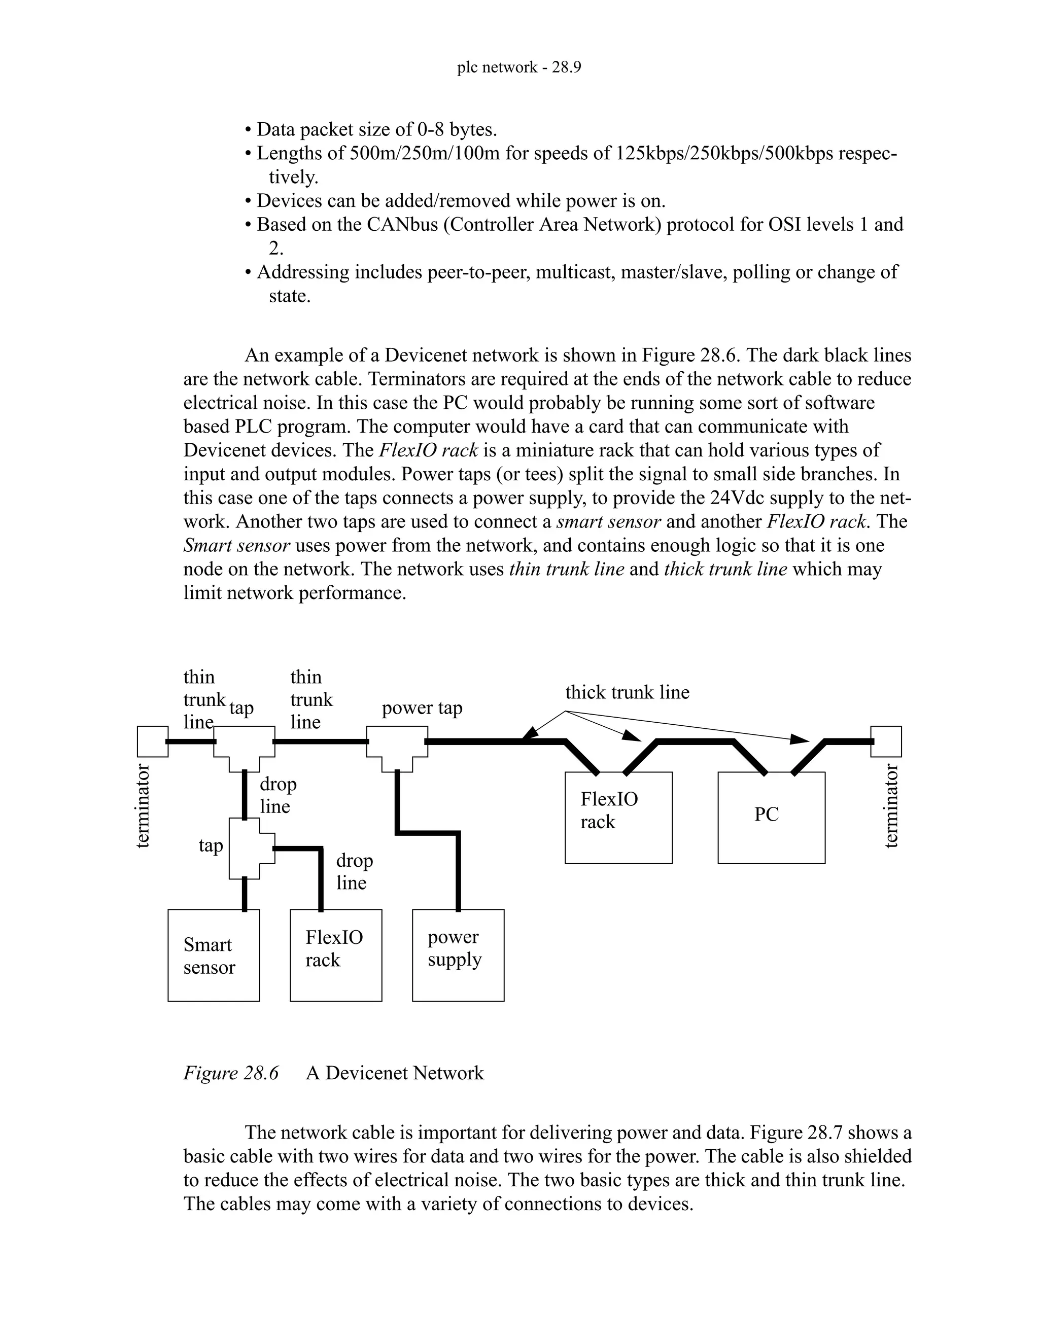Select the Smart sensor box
(214, 955)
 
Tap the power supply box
(458, 955)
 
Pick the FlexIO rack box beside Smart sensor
(335, 955)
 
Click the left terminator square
(152, 741)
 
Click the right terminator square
(886, 741)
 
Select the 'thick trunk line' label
(627, 692)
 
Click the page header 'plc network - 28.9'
(519, 67)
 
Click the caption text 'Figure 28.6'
(231, 1073)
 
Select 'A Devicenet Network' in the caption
(395, 1073)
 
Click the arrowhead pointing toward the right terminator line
(800, 738)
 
